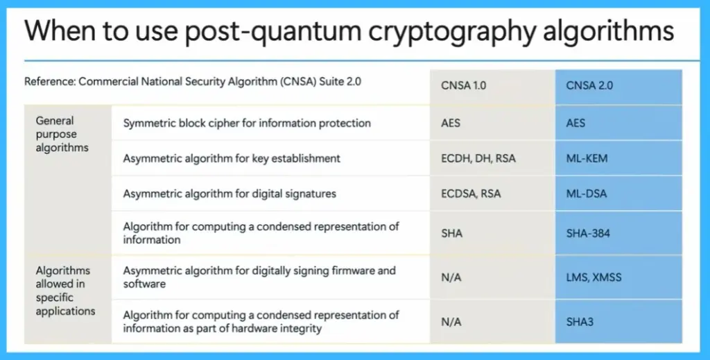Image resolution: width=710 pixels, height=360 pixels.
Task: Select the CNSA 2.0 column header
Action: click(590, 87)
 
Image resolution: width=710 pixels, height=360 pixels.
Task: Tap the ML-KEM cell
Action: click(587, 158)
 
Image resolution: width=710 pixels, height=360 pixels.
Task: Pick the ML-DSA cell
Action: click(586, 194)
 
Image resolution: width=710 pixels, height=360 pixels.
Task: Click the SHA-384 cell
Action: click(588, 233)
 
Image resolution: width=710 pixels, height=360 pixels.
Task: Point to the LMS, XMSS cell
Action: click(594, 277)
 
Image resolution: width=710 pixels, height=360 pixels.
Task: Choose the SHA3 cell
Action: click(580, 322)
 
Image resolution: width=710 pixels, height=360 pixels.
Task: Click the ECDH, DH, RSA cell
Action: click(478, 158)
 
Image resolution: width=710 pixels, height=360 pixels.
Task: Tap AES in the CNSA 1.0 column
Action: click(451, 123)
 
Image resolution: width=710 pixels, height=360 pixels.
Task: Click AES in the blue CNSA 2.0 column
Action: click(575, 123)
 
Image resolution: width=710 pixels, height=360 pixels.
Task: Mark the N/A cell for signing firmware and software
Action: click(451, 277)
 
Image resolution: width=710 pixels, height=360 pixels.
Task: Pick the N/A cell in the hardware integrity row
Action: click(451, 322)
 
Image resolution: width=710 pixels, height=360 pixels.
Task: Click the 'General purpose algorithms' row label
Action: click(62, 134)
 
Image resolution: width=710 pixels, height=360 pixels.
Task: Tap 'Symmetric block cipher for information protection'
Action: click(247, 123)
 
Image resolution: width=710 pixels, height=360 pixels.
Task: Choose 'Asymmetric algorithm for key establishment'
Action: click(232, 158)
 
